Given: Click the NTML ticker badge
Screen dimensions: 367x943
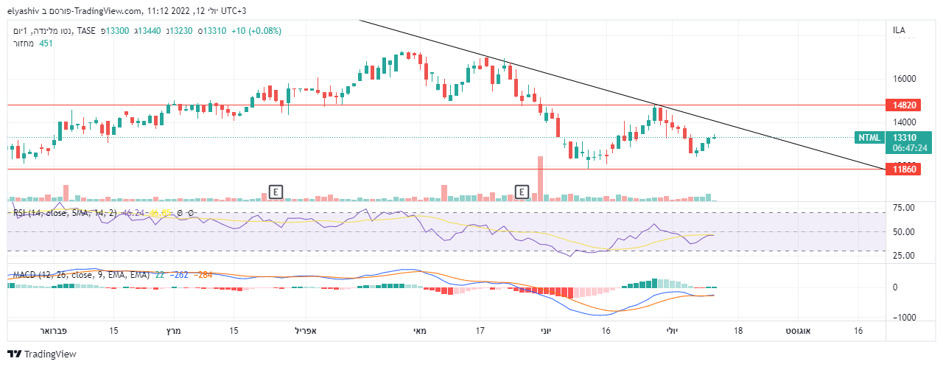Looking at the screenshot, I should point(869,137).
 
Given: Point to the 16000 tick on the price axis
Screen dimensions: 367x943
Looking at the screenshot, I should point(904,79).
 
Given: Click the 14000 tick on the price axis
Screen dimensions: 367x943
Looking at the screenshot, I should point(904,122).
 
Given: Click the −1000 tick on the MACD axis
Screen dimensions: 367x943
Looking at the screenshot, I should point(905,318).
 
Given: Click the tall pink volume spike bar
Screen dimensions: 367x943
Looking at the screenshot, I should point(540,178).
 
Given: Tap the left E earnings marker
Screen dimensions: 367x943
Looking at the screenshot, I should point(276,192).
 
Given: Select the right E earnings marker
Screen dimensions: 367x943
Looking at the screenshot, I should point(522,192).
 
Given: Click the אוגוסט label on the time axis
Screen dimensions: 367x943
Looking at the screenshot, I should point(799,331).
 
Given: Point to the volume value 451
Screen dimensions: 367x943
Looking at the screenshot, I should point(46,43).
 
